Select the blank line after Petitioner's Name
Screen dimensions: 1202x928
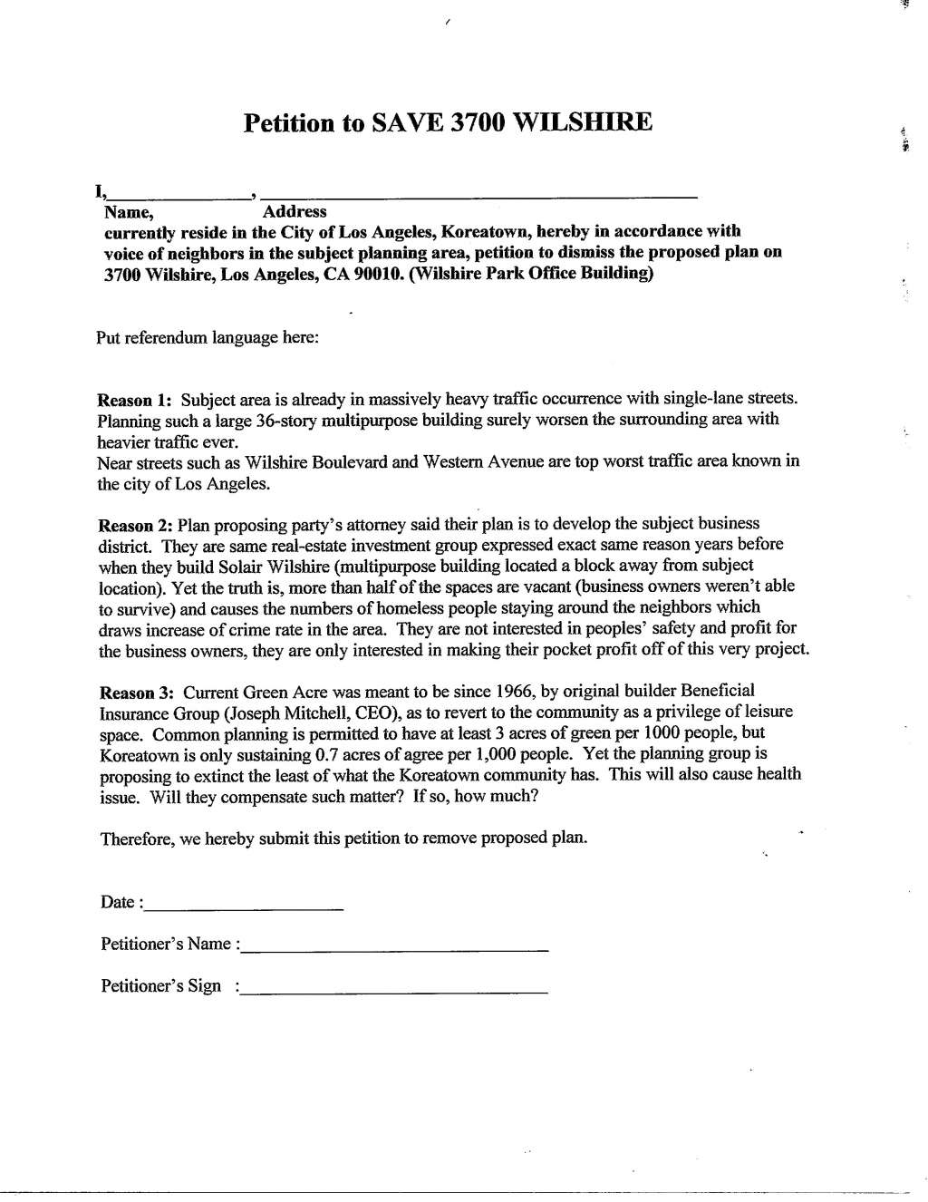(x=395, y=947)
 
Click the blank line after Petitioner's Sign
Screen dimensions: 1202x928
(x=395, y=991)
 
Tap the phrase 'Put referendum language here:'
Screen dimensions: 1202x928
(x=208, y=338)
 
